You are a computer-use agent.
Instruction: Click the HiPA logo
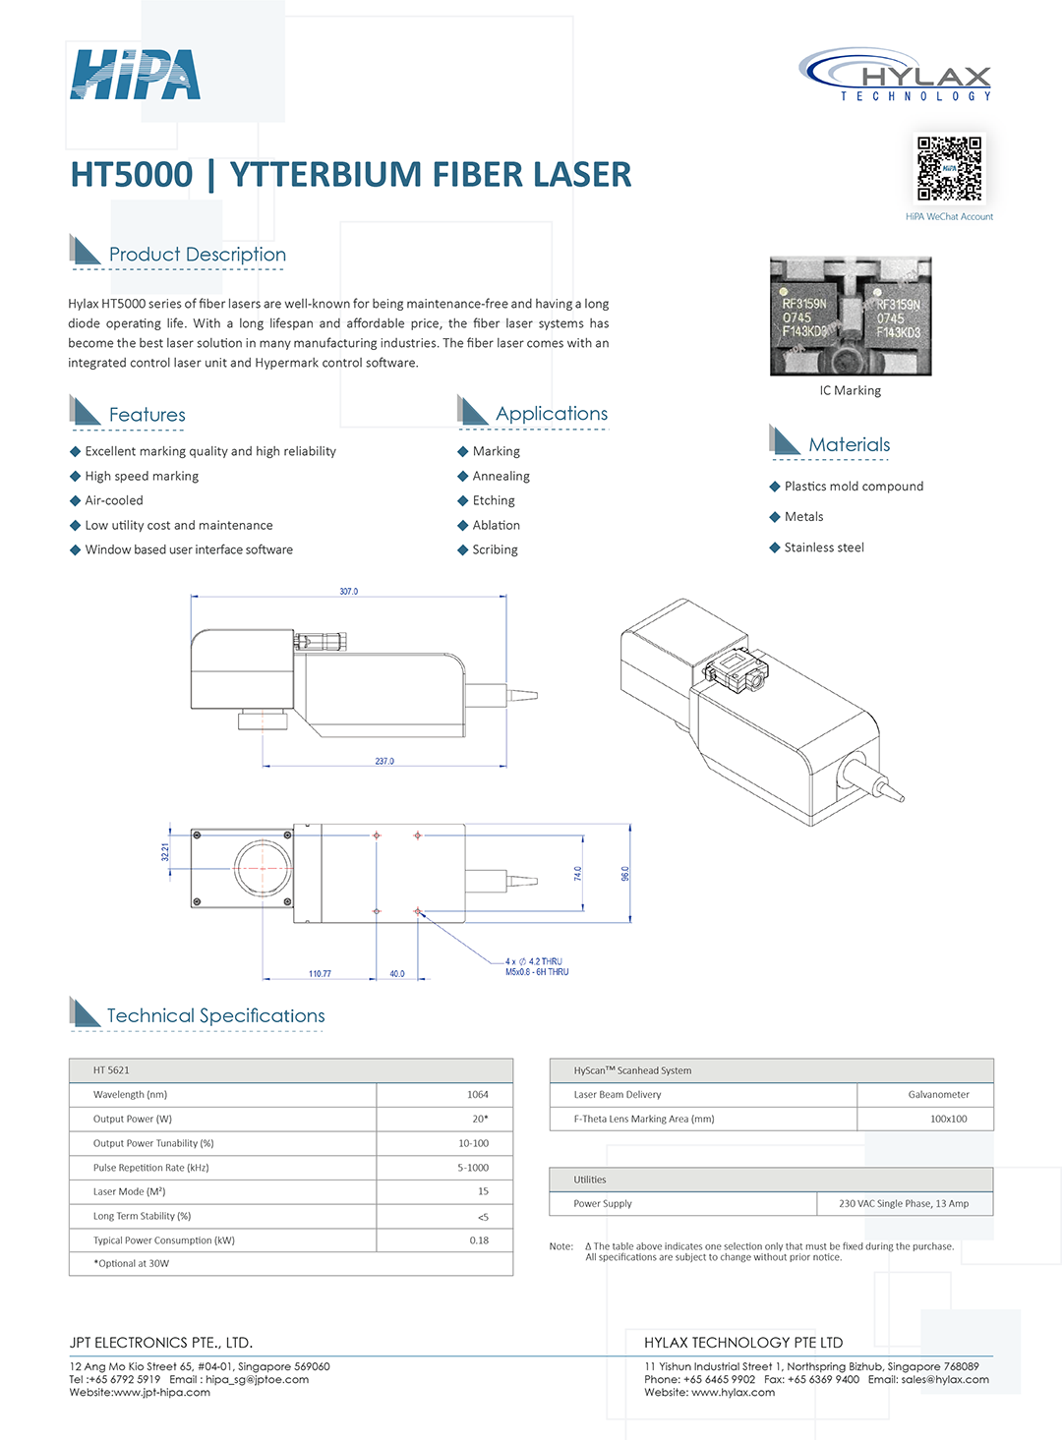pyautogui.click(x=135, y=75)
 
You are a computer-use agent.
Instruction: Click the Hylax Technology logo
pyautogui.click(x=896, y=75)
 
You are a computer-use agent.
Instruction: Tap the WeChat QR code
pyautogui.click(x=949, y=168)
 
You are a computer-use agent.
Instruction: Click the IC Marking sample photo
pyautogui.click(x=851, y=316)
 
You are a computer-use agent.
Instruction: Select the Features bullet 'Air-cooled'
pyautogui.click(x=114, y=500)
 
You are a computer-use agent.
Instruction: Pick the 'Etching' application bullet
pyautogui.click(x=494, y=500)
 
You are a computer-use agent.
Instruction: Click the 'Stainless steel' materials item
pyautogui.click(x=824, y=547)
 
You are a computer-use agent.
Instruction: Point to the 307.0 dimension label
pyautogui.click(x=349, y=592)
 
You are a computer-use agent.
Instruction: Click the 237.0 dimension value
pyautogui.click(x=384, y=762)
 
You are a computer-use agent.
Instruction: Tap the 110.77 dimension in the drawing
pyautogui.click(x=320, y=974)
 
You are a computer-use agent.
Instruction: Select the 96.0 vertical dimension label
pyautogui.click(x=625, y=873)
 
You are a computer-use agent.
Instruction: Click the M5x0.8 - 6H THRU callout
pyautogui.click(x=537, y=972)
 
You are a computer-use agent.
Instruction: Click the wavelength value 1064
pyautogui.click(x=478, y=1094)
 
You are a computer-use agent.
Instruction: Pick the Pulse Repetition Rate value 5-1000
pyautogui.click(x=473, y=1168)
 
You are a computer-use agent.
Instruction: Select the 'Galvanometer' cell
pyautogui.click(x=938, y=1094)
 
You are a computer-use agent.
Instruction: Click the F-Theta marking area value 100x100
pyautogui.click(x=948, y=1119)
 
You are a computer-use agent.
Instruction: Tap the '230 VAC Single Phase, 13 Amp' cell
pyautogui.click(x=904, y=1203)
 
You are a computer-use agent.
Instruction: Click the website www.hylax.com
pyautogui.click(x=733, y=1392)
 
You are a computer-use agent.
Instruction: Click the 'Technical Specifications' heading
pyautogui.click(x=215, y=1015)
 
